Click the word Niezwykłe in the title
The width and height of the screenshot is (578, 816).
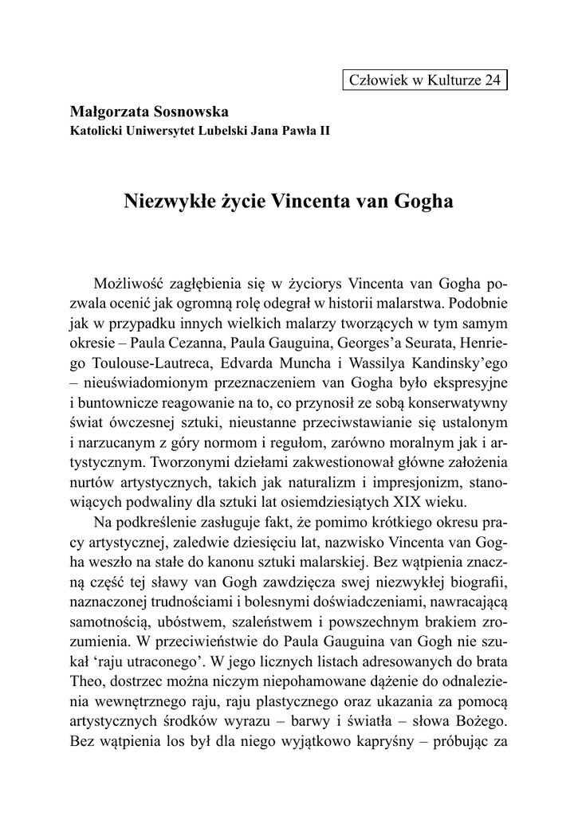tap(165, 201)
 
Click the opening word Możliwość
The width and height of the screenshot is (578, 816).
tap(131, 284)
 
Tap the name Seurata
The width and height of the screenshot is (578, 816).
tap(414, 346)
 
